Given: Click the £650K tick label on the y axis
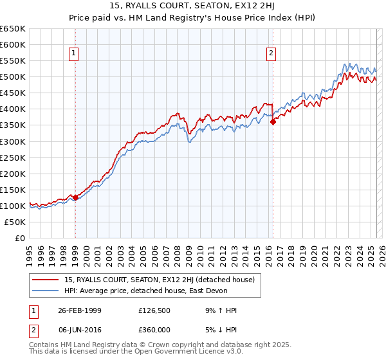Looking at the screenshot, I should coord(14,29).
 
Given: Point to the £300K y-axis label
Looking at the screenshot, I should coord(14,141).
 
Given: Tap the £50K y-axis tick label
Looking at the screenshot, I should coord(16,222).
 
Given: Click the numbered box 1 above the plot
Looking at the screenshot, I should coord(75,53).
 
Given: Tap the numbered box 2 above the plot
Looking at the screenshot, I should coord(271,53).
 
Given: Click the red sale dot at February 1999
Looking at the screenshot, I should coord(75,197).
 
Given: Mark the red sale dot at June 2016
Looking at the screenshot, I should coord(273,122).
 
